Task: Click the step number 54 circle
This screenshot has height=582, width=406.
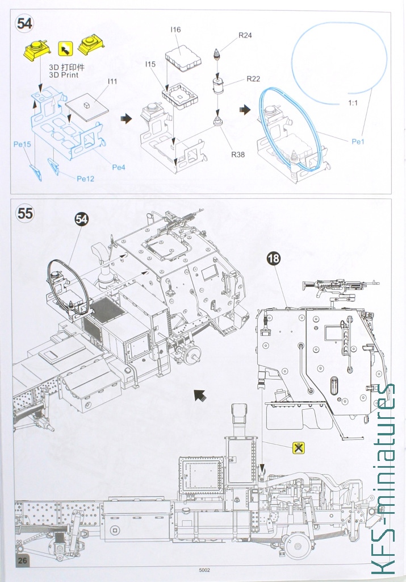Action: click(24, 24)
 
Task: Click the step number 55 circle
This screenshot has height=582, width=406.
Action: click(25, 214)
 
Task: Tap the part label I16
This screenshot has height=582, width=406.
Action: click(176, 30)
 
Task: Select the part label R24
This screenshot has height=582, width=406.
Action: click(245, 35)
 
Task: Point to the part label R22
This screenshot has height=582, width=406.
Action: click(254, 78)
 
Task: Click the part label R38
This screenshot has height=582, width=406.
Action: click(238, 155)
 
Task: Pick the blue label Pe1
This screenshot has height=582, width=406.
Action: click(358, 142)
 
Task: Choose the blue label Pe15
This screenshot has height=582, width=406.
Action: click(22, 144)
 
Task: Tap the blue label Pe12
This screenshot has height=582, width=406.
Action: click(86, 178)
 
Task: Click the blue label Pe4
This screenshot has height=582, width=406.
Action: click(119, 168)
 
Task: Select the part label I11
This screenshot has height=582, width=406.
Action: click(112, 81)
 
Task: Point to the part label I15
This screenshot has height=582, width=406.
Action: click(150, 64)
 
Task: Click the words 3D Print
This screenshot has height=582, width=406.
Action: click(64, 75)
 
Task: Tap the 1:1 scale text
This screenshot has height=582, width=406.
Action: click(353, 103)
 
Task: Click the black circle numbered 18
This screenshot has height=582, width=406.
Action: click(274, 259)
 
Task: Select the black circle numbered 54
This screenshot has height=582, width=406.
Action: click(82, 219)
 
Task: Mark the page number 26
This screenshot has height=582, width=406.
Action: click(23, 560)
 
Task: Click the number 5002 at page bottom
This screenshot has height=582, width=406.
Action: click(204, 571)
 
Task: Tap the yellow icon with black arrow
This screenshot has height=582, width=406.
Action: click(65, 48)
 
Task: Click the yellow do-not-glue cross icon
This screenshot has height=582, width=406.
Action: click(299, 448)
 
